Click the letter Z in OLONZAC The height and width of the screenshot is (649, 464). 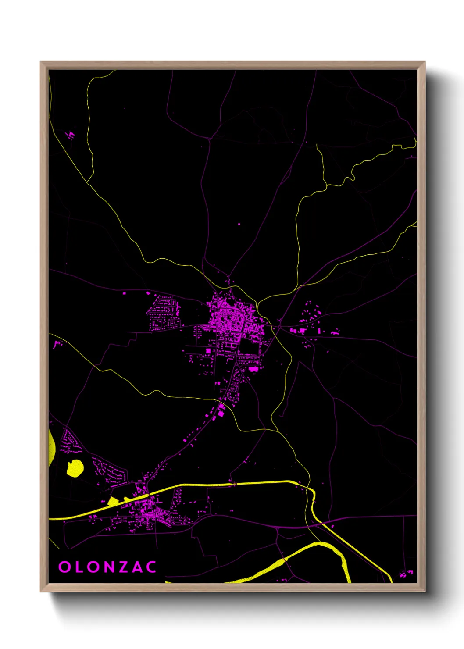[124, 567]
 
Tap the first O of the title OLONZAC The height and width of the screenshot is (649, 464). [64, 567]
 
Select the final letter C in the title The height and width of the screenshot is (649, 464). [151, 567]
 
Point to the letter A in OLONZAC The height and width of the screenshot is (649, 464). [138, 567]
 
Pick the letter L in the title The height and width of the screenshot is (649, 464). [79, 567]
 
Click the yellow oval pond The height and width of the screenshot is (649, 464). [75, 468]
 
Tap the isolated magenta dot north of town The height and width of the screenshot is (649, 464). [239, 225]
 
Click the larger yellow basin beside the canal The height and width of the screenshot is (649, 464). [113, 501]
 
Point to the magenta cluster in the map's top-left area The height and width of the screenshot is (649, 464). [70, 134]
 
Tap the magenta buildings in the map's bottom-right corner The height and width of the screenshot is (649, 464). [406, 573]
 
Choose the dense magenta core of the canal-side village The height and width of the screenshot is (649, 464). [149, 509]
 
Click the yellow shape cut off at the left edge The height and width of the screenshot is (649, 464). [51, 447]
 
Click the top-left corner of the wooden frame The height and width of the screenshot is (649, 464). [41, 62]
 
